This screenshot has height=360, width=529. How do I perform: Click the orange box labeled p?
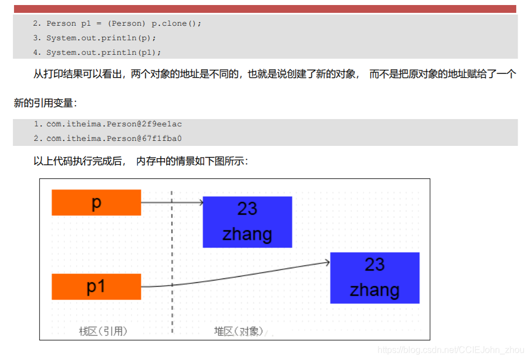pos(96,202)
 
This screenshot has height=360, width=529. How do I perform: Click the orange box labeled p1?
pos(96,287)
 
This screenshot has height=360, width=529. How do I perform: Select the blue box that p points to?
pos(247,222)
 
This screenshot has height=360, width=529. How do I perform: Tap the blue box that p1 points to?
pos(375,278)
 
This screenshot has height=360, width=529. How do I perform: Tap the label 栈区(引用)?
pos(103,331)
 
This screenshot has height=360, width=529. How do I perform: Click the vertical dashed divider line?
pos(172,252)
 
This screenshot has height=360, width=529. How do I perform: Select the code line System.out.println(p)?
pos(101,38)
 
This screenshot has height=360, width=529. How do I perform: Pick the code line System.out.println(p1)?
pos(103,53)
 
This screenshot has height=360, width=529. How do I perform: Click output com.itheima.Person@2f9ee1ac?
pos(114,124)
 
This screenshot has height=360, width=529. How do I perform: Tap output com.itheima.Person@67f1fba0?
pos(114,138)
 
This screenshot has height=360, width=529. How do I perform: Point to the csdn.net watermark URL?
pos(451,350)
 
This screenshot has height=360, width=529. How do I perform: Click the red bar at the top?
pos(264,9)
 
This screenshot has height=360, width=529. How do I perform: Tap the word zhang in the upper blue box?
pos(247,234)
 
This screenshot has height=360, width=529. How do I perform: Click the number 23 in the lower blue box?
pos(375,264)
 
